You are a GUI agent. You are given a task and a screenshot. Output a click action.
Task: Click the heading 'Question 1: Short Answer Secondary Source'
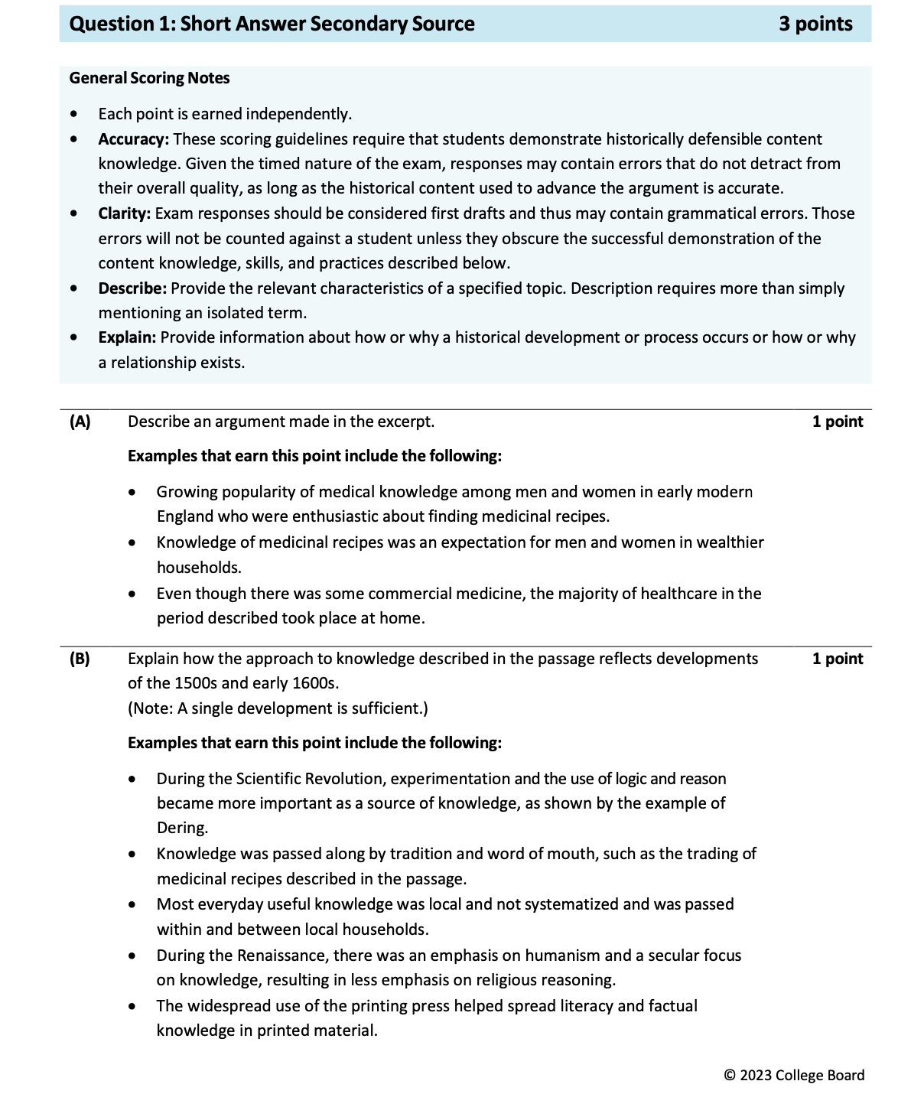(272, 24)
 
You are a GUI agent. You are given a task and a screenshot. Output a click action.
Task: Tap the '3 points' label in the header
(815, 24)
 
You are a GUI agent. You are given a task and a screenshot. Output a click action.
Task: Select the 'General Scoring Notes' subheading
(149, 78)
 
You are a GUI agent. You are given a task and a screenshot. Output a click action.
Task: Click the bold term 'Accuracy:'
(133, 139)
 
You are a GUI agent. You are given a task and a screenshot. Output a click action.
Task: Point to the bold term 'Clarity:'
(125, 213)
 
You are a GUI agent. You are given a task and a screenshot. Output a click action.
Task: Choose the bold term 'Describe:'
(132, 288)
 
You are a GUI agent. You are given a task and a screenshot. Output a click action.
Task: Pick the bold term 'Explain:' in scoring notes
(127, 337)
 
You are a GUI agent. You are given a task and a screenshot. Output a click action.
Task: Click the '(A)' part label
(80, 422)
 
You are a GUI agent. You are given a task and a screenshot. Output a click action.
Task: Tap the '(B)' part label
(80, 659)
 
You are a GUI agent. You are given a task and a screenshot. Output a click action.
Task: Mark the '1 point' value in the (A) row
(837, 422)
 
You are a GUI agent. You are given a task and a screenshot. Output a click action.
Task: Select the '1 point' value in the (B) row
(837, 659)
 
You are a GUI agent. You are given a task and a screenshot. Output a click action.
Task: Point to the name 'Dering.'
(182, 828)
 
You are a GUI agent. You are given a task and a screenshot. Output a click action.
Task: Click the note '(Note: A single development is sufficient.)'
(278, 708)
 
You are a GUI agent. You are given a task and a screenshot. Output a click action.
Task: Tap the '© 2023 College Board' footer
(794, 1075)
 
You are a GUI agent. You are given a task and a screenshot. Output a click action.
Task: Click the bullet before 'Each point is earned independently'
(73, 114)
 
